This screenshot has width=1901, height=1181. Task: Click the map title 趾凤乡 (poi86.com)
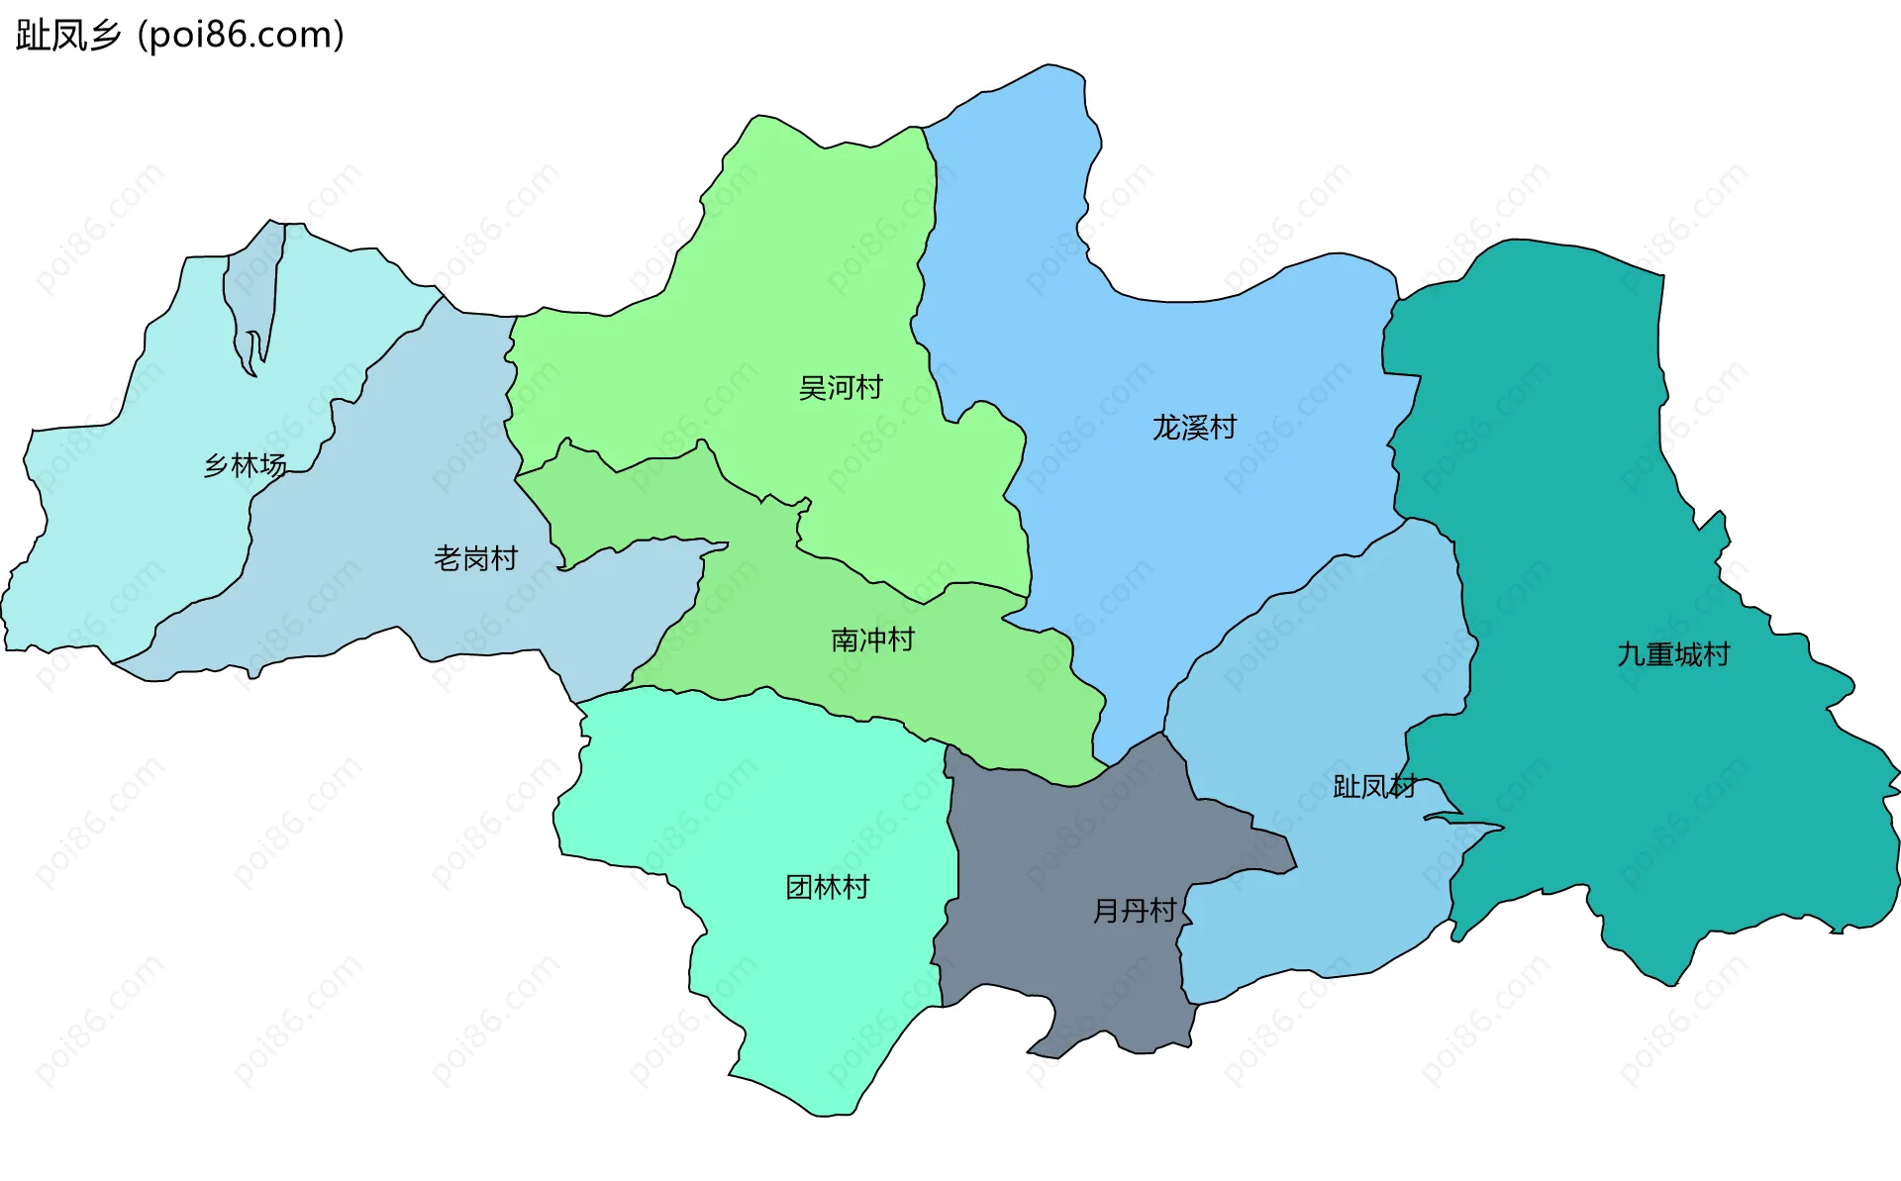[x=180, y=35]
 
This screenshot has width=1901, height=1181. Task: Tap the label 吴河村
[x=841, y=387]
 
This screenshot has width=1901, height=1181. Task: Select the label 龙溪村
[x=1194, y=427]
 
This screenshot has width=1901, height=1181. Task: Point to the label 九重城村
[x=1673, y=654]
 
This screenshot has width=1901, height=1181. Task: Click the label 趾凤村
[x=1374, y=786]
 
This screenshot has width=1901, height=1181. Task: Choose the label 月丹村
[x=1135, y=910]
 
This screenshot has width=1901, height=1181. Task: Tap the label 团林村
[x=827, y=887]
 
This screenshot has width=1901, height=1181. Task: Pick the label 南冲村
[x=872, y=640]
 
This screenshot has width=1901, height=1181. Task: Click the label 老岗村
[x=475, y=558]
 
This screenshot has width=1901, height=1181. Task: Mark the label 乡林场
[x=245, y=464]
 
